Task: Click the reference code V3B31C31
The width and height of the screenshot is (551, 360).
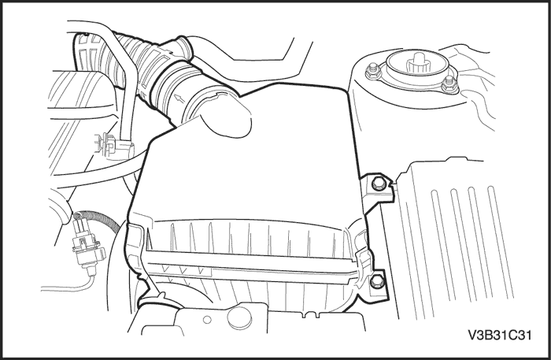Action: click(499, 336)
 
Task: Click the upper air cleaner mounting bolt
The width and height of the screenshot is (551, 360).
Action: click(378, 184)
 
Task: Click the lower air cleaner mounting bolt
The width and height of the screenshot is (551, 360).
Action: click(376, 280)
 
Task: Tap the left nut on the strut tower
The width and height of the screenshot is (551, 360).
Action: click(372, 72)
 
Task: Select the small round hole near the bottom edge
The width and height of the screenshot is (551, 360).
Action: click(207, 319)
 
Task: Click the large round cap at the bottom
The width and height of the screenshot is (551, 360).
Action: click(240, 317)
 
